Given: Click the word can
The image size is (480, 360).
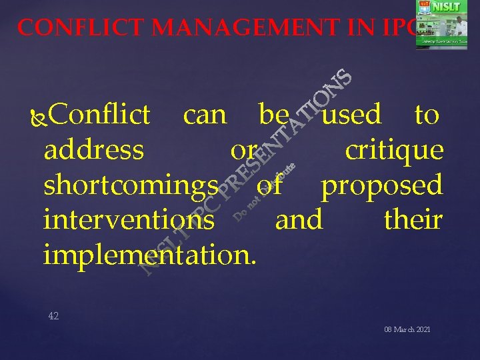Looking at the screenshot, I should (205, 115).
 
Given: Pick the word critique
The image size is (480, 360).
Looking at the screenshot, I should (394, 150).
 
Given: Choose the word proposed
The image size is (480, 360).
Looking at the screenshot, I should (382, 185).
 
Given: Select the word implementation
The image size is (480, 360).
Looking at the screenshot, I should (149, 254).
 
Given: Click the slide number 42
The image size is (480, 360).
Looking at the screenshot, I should (53, 316).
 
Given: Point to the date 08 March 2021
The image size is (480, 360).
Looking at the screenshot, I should (407, 331).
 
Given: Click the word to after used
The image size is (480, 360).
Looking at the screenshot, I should (426, 115).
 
